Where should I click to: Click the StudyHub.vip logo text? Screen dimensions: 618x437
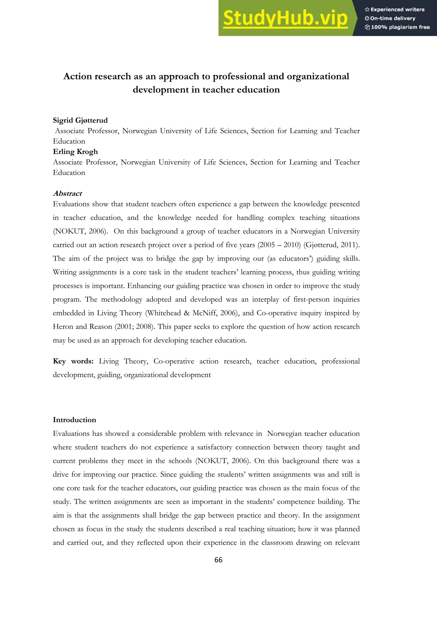pyautogui.click(x=285, y=18)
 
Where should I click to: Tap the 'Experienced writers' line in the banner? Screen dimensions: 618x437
pyautogui.click(x=395, y=9)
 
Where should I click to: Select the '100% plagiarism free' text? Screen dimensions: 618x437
pyautogui.click(x=398, y=27)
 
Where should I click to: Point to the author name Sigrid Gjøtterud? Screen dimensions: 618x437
pyautogui.click(x=80, y=120)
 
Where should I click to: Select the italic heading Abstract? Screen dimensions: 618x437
pyautogui.click(x=67, y=193)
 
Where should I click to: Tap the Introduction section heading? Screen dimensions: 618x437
pyautogui.click(x=74, y=420)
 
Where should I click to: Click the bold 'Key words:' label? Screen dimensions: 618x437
pyautogui.click(x=73, y=361)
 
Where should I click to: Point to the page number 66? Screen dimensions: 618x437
pyautogui.click(x=218, y=560)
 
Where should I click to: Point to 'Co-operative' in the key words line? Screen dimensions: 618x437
pyautogui.click(x=174, y=361)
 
